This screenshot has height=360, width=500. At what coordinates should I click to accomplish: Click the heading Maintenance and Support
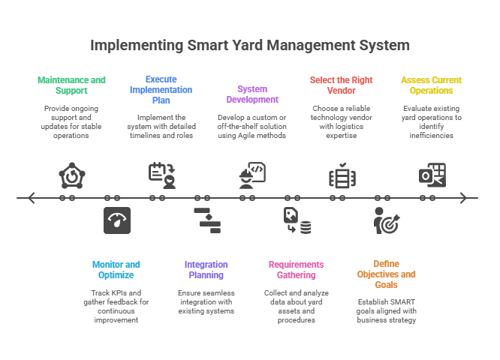71,85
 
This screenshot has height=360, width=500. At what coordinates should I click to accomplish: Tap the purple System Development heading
252,94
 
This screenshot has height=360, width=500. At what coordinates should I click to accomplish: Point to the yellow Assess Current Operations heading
431,85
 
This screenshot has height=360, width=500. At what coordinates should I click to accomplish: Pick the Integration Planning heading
206,269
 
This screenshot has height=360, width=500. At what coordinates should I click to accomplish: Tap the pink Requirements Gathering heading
296,269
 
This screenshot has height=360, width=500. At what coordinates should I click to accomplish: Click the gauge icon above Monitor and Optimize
116,220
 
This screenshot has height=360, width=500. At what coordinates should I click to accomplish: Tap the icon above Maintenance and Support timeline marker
72,175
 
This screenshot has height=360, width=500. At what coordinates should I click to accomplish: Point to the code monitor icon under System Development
252,175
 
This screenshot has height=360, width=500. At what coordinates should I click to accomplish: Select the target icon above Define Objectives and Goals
387,221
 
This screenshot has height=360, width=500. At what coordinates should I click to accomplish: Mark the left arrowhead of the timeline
30,198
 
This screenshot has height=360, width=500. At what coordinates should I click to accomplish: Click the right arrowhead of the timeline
465,198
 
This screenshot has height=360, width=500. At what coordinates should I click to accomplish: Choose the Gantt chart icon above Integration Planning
206,220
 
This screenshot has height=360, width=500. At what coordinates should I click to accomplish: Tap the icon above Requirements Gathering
297,221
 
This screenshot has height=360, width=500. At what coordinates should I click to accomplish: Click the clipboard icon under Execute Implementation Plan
161,174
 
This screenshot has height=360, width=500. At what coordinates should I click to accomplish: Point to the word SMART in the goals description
399,302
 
